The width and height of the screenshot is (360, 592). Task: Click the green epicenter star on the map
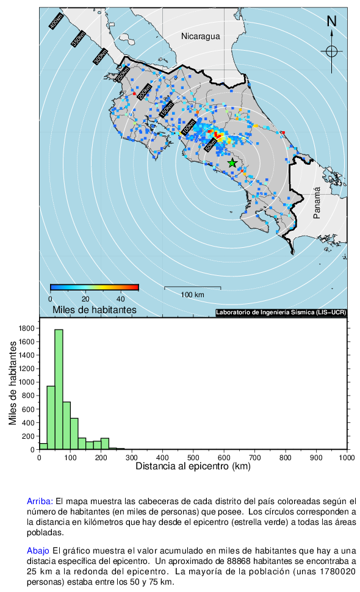232,163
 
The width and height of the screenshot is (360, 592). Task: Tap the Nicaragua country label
200,36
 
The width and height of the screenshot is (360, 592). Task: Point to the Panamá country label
317,203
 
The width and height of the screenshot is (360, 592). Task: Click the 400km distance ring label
56,21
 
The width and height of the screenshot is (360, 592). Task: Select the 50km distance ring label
211,145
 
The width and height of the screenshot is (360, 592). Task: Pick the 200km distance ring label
144,92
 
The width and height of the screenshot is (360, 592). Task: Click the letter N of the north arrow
331,21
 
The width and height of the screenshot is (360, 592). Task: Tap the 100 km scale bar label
192,295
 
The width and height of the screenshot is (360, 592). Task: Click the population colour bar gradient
95,287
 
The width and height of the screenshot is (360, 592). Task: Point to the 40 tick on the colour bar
120,299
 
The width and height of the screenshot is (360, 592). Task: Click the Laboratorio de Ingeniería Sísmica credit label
281,312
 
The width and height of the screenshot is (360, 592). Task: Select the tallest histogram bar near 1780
59,389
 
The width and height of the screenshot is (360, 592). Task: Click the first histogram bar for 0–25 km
43,446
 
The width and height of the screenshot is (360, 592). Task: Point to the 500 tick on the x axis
193,458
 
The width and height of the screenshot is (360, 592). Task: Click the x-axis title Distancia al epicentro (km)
193,466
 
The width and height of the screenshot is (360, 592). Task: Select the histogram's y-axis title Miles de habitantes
13,383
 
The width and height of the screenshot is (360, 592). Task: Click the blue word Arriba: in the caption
40,502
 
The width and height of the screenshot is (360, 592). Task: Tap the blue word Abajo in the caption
38,551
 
